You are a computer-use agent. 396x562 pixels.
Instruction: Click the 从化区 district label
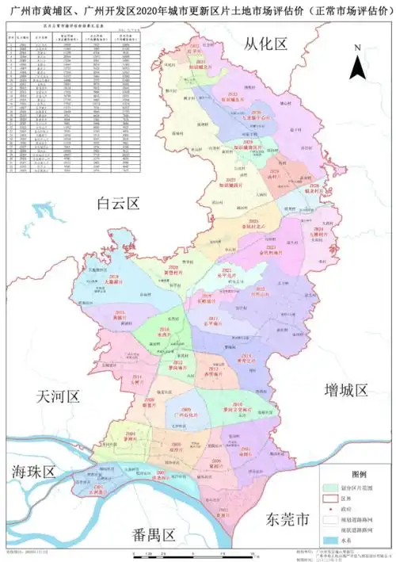(265, 44)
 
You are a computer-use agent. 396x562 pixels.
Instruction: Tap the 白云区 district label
(116, 204)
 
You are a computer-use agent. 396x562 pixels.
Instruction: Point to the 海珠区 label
(33, 472)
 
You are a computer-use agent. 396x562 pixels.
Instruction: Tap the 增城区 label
(347, 390)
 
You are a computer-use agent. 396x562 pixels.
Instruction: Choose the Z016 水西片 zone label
(164, 332)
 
